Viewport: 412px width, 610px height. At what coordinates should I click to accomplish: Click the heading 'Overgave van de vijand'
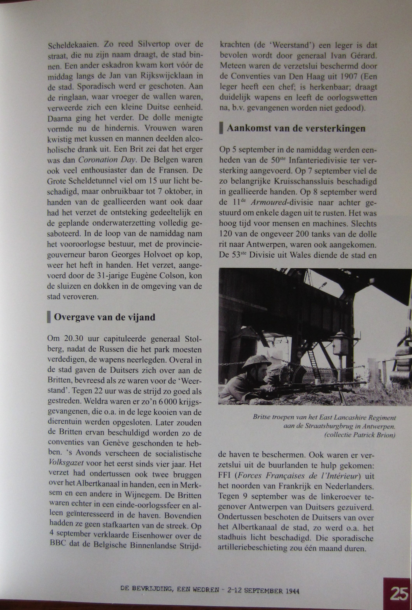[x=105, y=317]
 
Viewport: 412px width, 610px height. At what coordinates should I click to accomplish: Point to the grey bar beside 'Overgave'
[x=49, y=317]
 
